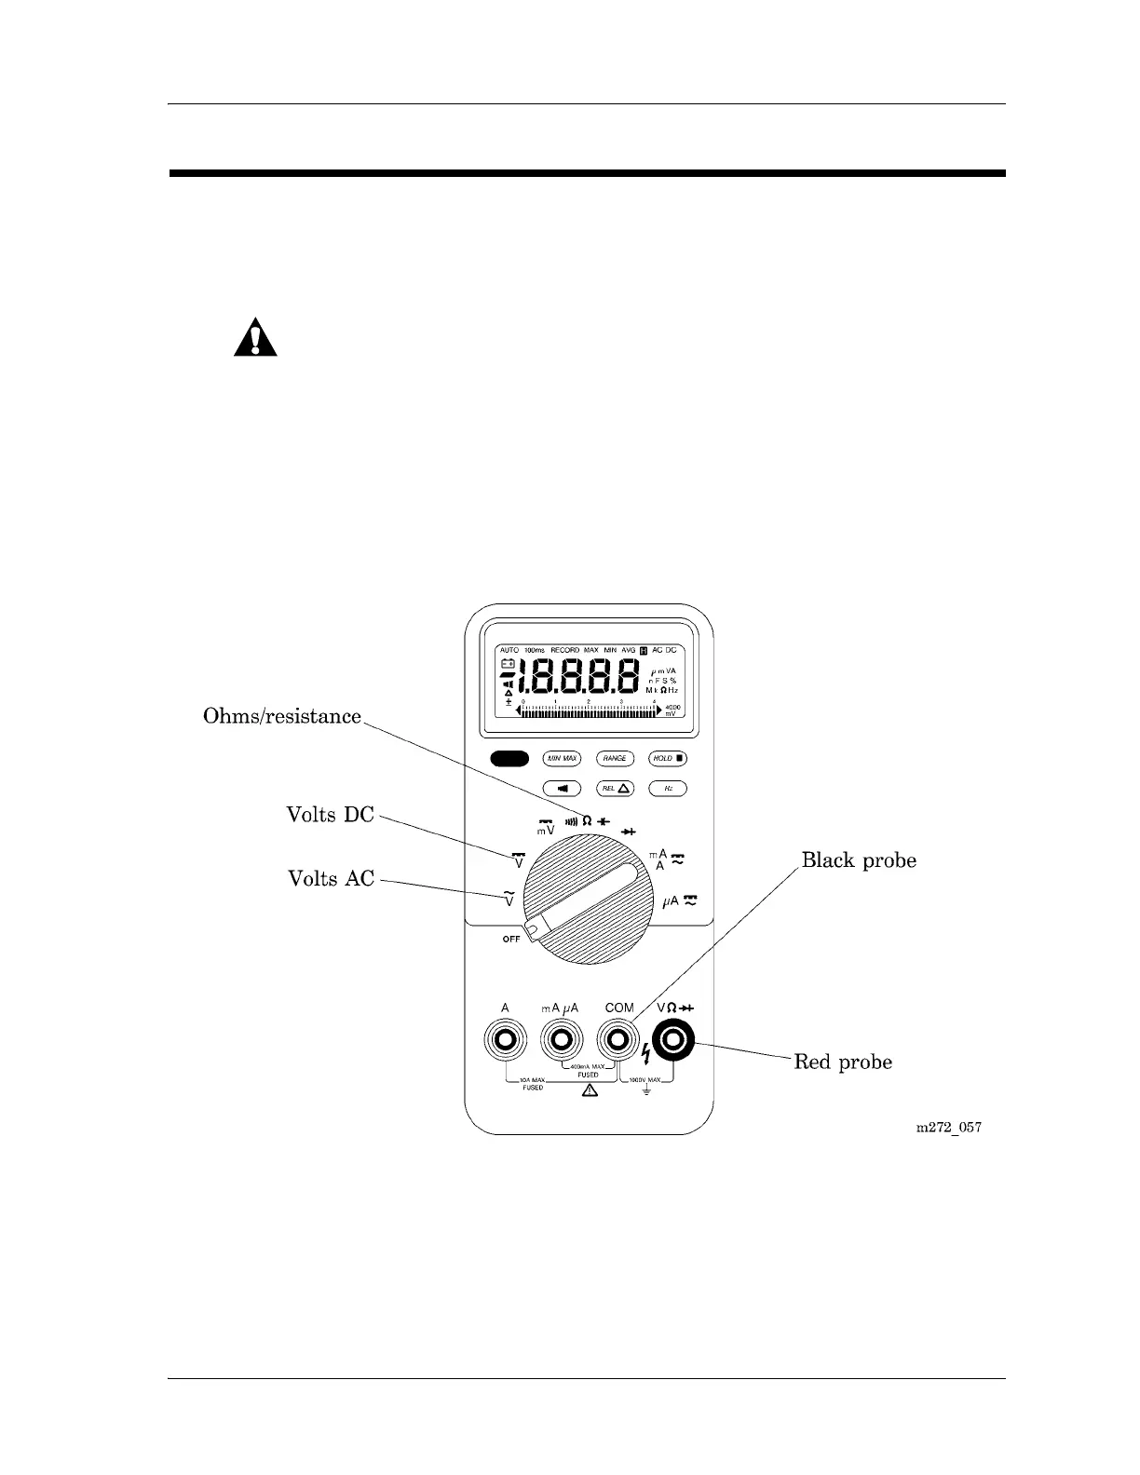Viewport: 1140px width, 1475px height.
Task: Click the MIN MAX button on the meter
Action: [x=562, y=759]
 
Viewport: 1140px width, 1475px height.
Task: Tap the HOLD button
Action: [x=668, y=759]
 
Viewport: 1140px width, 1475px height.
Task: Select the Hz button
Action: [x=668, y=789]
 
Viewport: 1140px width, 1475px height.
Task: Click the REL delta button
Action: [x=615, y=789]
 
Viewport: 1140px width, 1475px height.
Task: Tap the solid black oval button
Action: [x=509, y=759]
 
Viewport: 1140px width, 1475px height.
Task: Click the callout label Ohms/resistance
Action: [x=282, y=716]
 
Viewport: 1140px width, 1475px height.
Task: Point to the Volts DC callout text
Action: [x=330, y=815]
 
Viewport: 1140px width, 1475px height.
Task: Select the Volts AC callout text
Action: [x=331, y=878]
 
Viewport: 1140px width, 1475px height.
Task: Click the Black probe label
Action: [x=859, y=860]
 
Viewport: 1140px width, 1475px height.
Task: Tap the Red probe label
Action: [x=843, y=1062]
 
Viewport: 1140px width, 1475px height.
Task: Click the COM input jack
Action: [x=617, y=1039]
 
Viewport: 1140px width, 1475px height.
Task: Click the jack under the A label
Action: [x=505, y=1039]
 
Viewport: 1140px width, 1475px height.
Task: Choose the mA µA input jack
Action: [x=561, y=1039]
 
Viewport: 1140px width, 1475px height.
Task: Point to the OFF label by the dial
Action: [x=511, y=940]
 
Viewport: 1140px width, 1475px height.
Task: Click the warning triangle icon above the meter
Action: [x=255, y=338]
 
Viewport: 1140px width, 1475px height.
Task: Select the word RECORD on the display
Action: [x=564, y=650]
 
